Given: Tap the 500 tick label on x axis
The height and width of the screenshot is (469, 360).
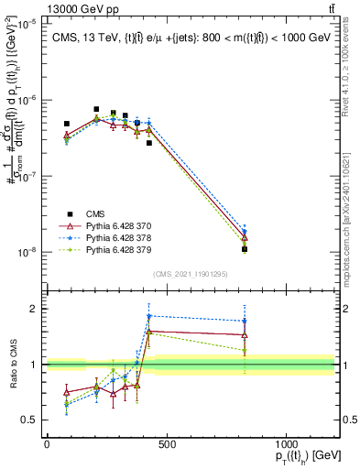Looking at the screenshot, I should [x=166, y=444].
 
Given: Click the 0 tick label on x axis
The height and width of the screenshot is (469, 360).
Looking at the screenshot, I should [x=47, y=444].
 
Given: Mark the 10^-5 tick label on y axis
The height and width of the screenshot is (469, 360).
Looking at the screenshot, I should [x=27, y=25].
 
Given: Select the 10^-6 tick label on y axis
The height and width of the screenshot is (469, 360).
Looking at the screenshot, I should [x=27, y=101].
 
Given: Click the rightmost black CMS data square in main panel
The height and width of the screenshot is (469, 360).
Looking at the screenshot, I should [x=245, y=248].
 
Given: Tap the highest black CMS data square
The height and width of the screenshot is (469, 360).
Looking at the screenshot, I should [x=96, y=109].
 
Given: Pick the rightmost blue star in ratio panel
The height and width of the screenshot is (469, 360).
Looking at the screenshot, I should [x=245, y=321].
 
